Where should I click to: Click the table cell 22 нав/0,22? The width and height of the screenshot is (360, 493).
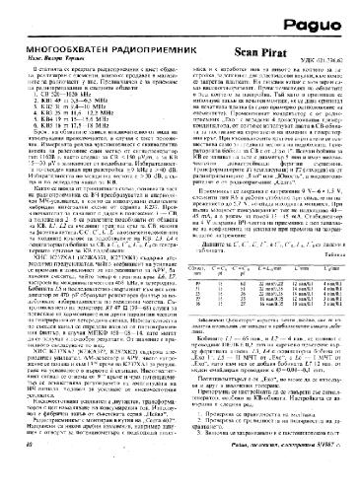(267, 280)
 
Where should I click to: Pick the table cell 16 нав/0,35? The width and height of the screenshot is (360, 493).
(267, 307)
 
